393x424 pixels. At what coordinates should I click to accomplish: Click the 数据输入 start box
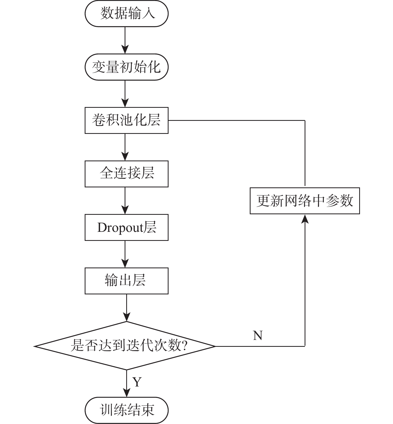pos(126,13)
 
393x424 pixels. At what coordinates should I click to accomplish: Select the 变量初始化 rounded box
pos(126,67)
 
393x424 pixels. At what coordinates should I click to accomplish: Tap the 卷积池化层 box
pos(126,120)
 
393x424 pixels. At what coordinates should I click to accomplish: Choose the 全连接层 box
pos(126,174)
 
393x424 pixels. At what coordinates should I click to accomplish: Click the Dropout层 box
pos(126,227)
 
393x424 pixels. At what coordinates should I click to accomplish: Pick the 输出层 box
pos(126,281)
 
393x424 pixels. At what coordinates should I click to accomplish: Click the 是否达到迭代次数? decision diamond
pos(125,346)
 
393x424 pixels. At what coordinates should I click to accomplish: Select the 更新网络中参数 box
pos(305,201)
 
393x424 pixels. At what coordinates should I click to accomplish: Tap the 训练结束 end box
pos(126,410)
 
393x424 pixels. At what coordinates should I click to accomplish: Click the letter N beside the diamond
pos(257,336)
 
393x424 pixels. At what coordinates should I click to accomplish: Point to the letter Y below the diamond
pos(137,382)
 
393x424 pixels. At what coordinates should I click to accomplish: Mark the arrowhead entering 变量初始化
pos(125,50)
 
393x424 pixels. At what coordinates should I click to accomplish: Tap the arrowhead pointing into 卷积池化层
pos(125,103)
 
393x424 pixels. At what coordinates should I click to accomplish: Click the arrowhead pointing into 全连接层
pos(125,157)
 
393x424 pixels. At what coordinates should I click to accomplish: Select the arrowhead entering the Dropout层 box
pos(125,210)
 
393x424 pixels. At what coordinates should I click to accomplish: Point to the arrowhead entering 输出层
pos(125,264)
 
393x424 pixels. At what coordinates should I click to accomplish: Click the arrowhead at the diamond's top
pos(126,317)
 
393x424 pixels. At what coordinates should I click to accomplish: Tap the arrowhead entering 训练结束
pos(126,393)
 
